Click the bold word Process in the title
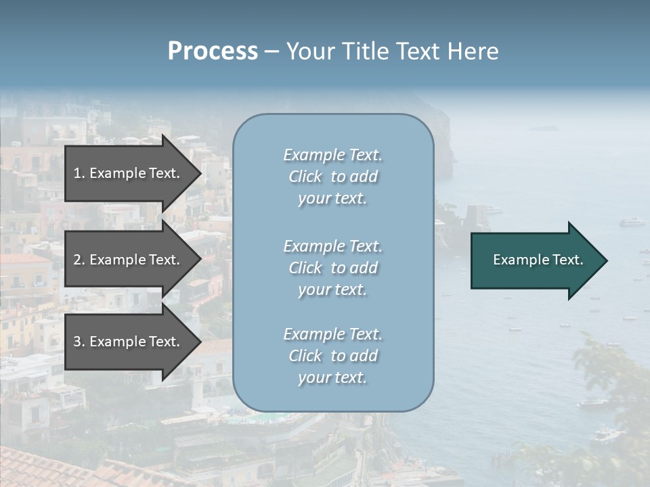pyautogui.click(x=213, y=51)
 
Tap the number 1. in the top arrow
pyautogui.click(x=79, y=173)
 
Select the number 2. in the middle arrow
pyautogui.click(x=79, y=260)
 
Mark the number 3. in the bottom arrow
pyautogui.click(x=79, y=342)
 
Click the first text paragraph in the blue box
pyautogui.click(x=332, y=177)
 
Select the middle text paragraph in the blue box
pyautogui.click(x=332, y=268)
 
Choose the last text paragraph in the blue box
pyautogui.click(x=332, y=356)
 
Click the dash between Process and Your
pyautogui.click(x=272, y=51)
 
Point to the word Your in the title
pyautogui.click(x=309, y=51)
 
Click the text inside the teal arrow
pyautogui.click(x=538, y=260)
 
